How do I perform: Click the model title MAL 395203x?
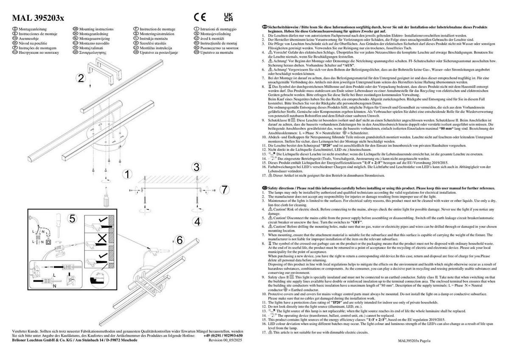[x=38, y=17]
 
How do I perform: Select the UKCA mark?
[x=228, y=17]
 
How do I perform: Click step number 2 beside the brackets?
[x=81, y=78]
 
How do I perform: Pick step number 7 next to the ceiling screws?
[x=225, y=189]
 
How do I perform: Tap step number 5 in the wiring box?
[x=72, y=219]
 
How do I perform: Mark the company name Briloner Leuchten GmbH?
[x=40, y=340]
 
